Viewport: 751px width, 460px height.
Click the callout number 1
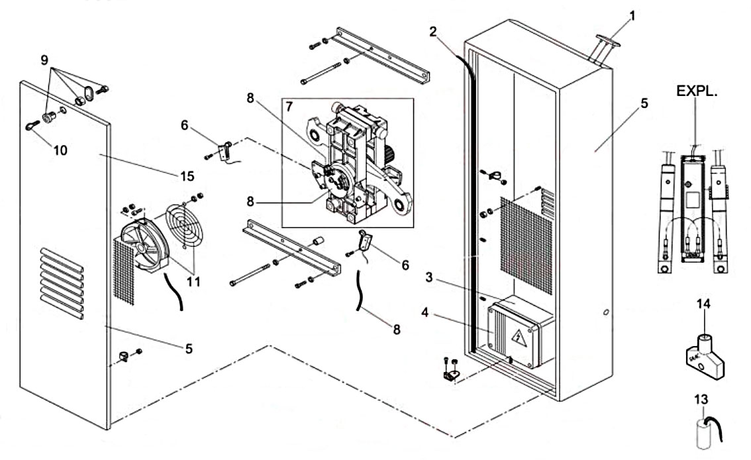point(631,15)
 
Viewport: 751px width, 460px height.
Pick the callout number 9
point(44,60)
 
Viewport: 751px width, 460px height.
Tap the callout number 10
point(60,151)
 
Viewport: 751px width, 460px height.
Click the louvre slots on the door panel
point(62,282)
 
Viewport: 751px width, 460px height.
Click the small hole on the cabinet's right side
point(606,312)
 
